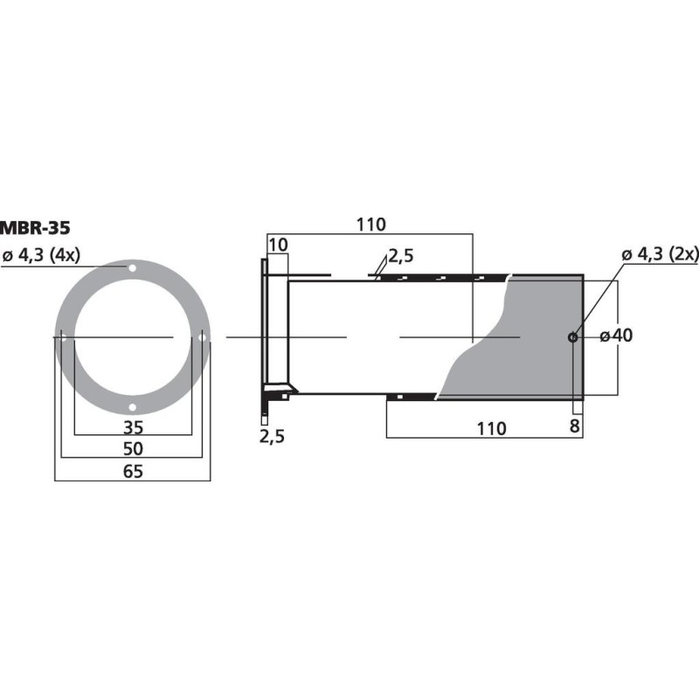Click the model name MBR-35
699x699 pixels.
tap(35, 229)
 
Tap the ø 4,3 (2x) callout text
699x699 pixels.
tap(660, 254)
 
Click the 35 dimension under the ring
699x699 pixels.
tap(132, 428)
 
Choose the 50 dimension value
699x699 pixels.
tap(132, 449)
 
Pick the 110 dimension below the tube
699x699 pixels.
tap(491, 428)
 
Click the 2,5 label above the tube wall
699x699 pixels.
tap(401, 256)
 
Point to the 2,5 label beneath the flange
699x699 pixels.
tap(273, 435)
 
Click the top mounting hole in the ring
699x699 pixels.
tap(132, 267)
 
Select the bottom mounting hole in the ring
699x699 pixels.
tap(132, 406)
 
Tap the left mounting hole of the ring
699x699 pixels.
tap(63, 337)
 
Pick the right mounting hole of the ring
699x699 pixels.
tap(202, 337)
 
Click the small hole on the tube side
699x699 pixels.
tap(572, 337)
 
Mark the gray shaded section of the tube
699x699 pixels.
tap(524, 349)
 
